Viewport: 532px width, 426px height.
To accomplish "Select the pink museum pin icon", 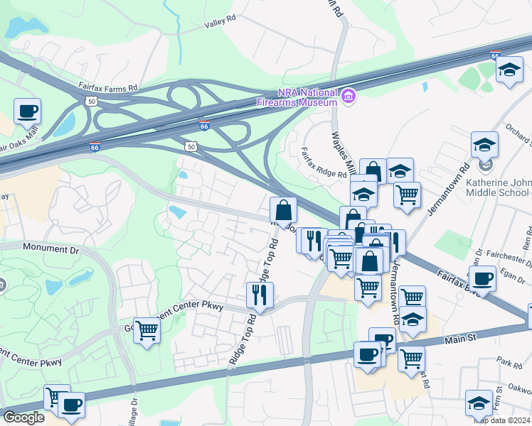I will (348, 95).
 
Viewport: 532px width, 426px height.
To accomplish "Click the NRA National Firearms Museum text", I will (297, 97).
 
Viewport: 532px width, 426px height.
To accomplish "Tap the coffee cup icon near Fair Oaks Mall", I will (27, 112).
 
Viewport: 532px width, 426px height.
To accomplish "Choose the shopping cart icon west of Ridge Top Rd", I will (147, 331).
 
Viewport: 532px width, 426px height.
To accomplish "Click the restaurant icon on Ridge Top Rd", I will (260, 295).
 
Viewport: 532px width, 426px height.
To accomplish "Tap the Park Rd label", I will (509, 363).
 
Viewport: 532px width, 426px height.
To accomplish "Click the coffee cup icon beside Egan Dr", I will (482, 278).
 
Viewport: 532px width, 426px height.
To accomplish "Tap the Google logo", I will (23, 417).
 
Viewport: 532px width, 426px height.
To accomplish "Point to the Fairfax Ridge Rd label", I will (323, 163).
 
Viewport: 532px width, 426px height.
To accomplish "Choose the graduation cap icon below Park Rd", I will (479, 403).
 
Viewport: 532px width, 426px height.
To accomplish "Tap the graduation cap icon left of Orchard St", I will (484, 145).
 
